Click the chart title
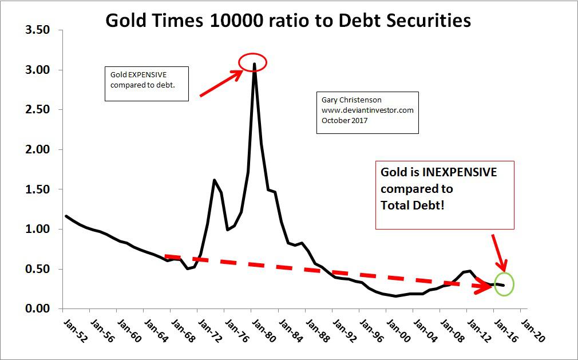288,21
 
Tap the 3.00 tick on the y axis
37,70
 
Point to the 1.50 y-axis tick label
37,189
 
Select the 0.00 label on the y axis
37,309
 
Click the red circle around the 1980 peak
253,61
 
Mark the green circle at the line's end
504,284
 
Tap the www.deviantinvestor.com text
367,110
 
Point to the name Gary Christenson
351,101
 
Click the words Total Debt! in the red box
410,205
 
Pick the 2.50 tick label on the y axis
37,110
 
